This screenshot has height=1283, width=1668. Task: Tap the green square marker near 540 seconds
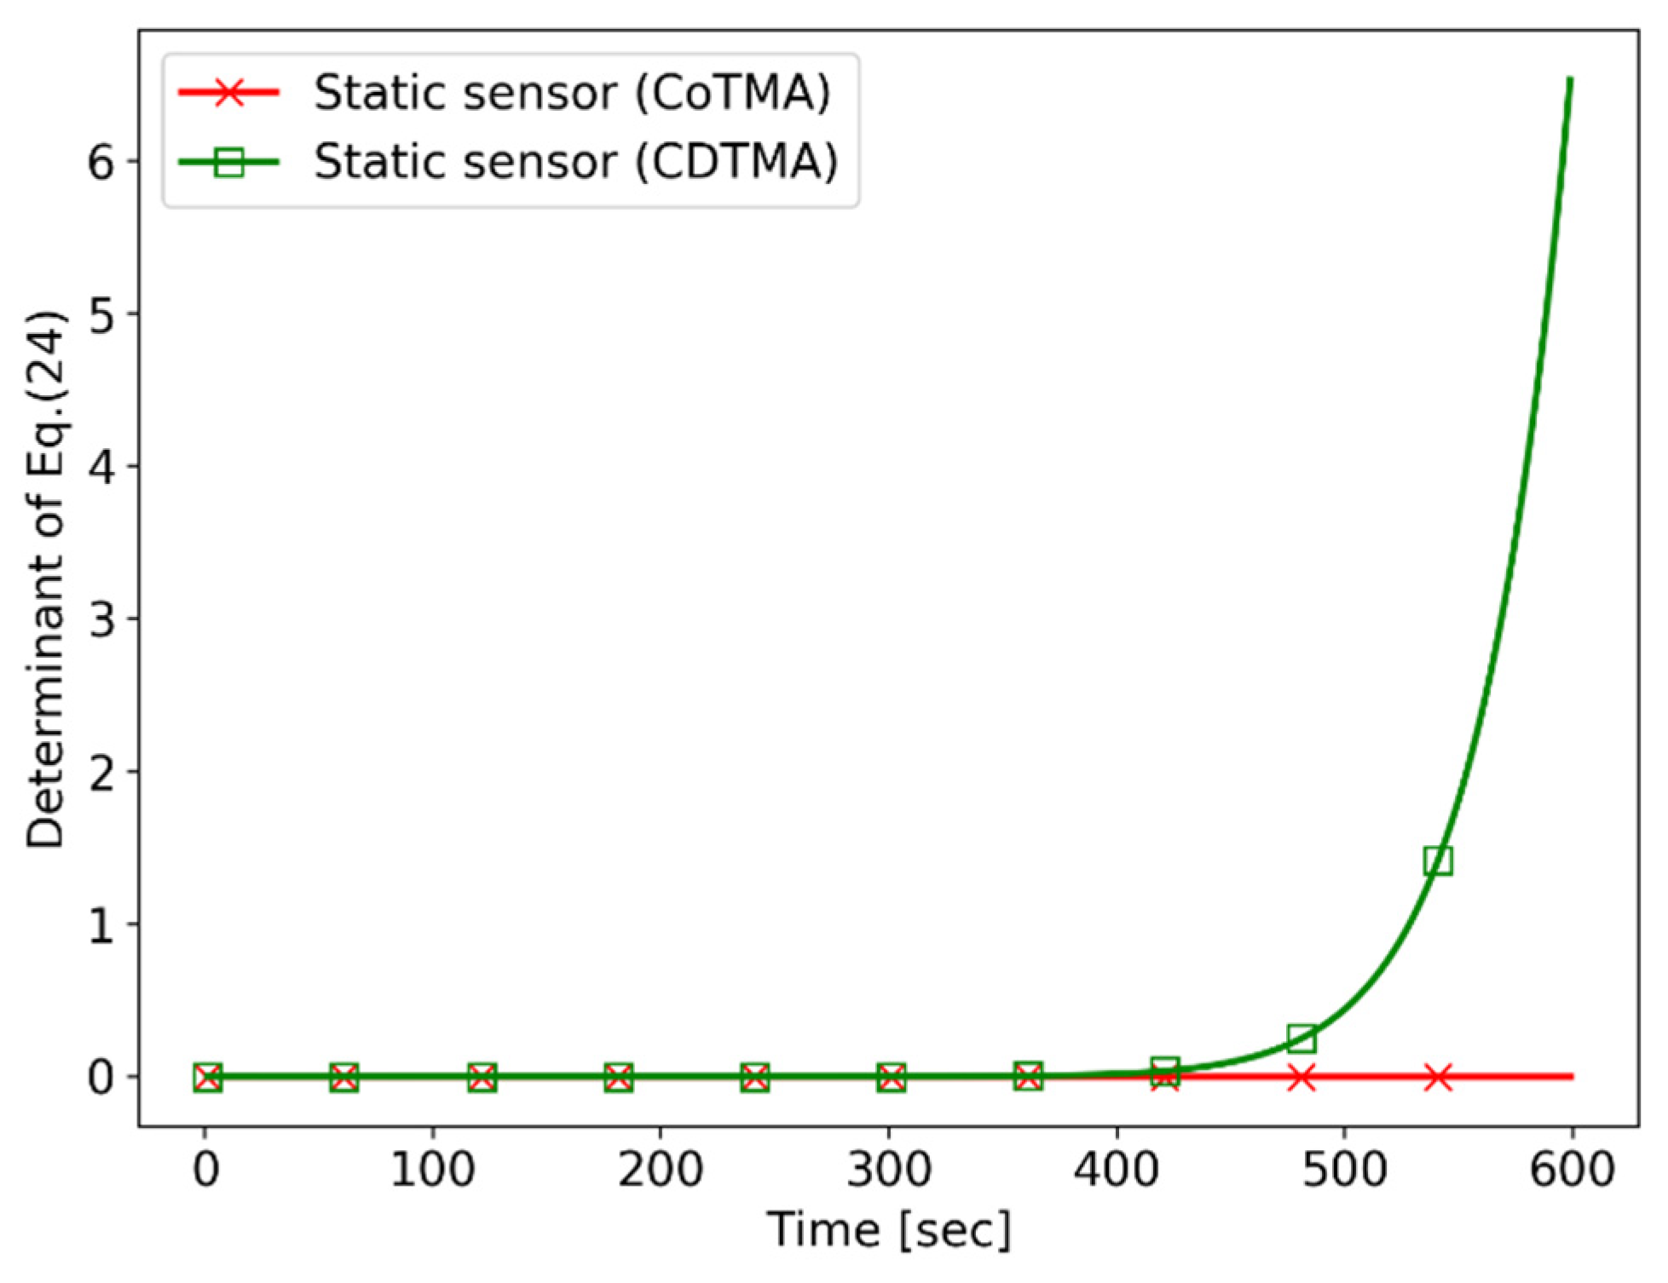pyautogui.click(x=1438, y=860)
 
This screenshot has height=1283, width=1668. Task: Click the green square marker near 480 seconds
pyautogui.click(x=1301, y=1038)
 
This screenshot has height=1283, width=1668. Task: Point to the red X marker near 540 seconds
pyautogui.click(x=1438, y=1077)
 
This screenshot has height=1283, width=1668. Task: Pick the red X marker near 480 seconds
pyautogui.click(x=1301, y=1077)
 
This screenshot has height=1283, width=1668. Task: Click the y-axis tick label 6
pyautogui.click(x=101, y=161)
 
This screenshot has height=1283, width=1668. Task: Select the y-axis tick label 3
pyautogui.click(x=101, y=619)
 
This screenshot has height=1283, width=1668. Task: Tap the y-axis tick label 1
pyautogui.click(x=101, y=925)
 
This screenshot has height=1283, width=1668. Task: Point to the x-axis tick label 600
pyautogui.click(x=1573, y=1169)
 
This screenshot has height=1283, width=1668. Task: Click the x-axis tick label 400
pyautogui.click(x=1117, y=1169)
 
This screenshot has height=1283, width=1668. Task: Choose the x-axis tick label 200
pyautogui.click(x=661, y=1169)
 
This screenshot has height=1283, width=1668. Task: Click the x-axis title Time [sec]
pyautogui.click(x=889, y=1230)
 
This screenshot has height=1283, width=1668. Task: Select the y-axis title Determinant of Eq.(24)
pyautogui.click(x=44, y=579)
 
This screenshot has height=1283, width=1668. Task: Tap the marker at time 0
pyautogui.click(x=207, y=1077)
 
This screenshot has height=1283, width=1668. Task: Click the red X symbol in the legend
pyautogui.click(x=228, y=92)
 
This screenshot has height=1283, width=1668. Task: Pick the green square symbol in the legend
pyautogui.click(x=228, y=161)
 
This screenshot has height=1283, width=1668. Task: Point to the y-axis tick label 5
pyautogui.click(x=101, y=314)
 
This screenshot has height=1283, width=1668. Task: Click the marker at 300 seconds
pyautogui.click(x=891, y=1077)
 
